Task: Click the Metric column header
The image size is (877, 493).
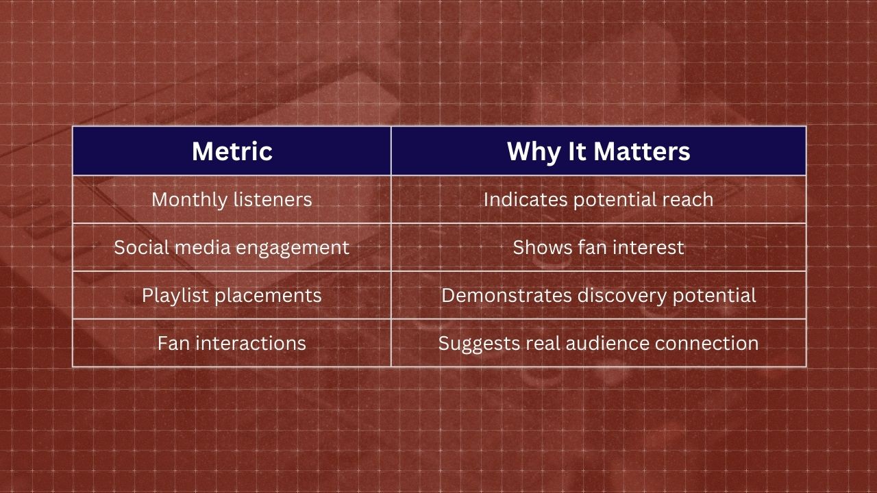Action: pos(232,151)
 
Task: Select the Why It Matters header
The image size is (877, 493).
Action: pos(598,151)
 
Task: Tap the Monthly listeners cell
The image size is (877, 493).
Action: pos(232,199)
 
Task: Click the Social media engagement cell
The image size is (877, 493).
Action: pos(232,247)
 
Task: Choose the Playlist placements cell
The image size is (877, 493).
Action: pos(232,295)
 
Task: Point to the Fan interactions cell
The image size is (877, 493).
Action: pos(232,343)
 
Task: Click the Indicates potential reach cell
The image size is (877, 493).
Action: pos(598,199)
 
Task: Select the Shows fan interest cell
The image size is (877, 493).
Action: pos(598,247)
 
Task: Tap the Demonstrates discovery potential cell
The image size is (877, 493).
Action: pos(598,295)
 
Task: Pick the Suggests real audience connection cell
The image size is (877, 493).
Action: pos(598,343)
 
